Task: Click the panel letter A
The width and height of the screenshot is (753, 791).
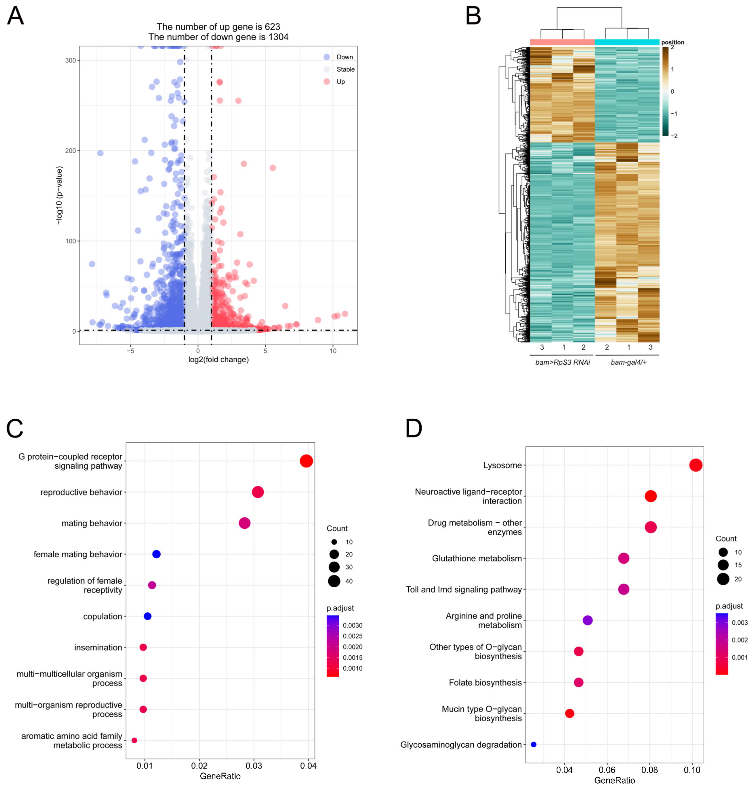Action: [x=15, y=17]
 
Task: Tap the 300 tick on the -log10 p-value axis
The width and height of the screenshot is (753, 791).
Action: [x=71, y=60]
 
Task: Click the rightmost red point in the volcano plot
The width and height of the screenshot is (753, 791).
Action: [x=344, y=314]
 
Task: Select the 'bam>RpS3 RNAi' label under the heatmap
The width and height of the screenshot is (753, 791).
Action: [x=562, y=362]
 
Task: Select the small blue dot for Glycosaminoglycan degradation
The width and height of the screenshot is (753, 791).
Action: [x=533, y=745]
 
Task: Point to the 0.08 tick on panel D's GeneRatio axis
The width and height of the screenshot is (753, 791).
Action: [x=649, y=770]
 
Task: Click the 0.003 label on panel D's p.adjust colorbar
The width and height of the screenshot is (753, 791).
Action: [x=739, y=623]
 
